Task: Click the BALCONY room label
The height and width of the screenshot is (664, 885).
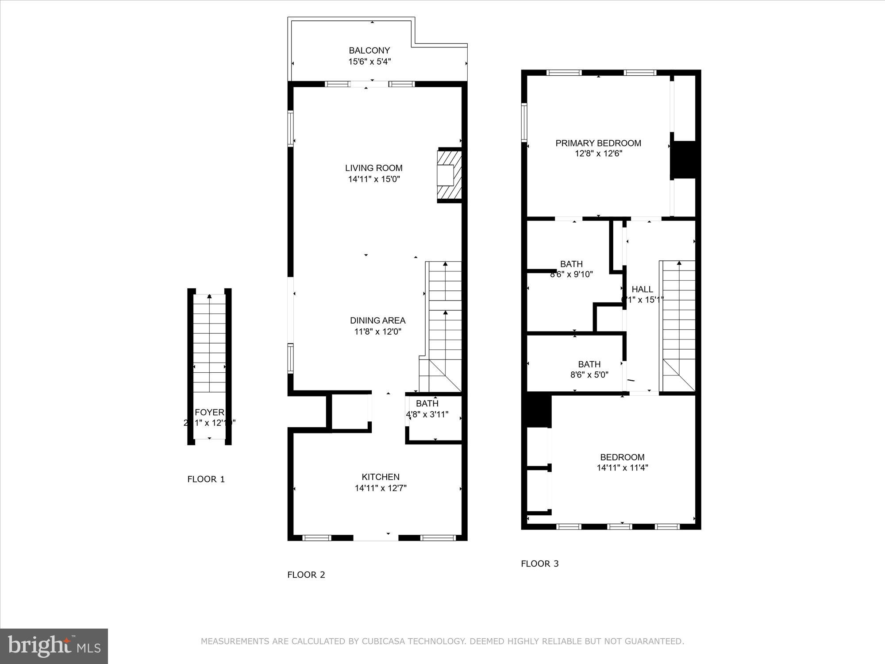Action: click(x=369, y=50)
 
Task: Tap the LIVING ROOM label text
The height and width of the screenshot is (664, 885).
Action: click(x=373, y=168)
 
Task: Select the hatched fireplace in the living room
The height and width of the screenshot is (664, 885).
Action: click(x=450, y=175)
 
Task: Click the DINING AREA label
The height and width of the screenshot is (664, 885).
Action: click(x=377, y=320)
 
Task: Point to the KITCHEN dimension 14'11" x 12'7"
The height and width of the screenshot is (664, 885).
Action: click(x=381, y=488)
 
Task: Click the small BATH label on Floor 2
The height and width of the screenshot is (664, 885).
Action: click(x=427, y=403)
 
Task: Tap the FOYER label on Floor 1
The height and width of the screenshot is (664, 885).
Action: click(x=209, y=413)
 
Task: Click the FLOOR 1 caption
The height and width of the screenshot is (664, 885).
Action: click(x=206, y=479)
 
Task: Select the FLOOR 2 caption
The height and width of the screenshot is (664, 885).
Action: click(x=306, y=575)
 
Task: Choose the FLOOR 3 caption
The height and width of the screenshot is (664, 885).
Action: click(x=539, y=564)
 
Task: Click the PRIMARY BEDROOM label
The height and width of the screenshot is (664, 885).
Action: click(x=598, y=143)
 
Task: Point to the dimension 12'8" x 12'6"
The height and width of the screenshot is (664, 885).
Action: click(x=598, y=154)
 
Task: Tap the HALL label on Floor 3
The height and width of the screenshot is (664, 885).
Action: click(x=642, y=289)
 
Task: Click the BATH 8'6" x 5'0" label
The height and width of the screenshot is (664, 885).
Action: click(x=589, y=369)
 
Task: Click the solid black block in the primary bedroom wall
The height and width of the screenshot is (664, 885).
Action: click(x=683, y=160)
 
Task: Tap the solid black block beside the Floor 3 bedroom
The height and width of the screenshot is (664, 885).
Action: click(x=537, y=411)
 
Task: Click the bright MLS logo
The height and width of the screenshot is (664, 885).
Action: click(x=54, y=646)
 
